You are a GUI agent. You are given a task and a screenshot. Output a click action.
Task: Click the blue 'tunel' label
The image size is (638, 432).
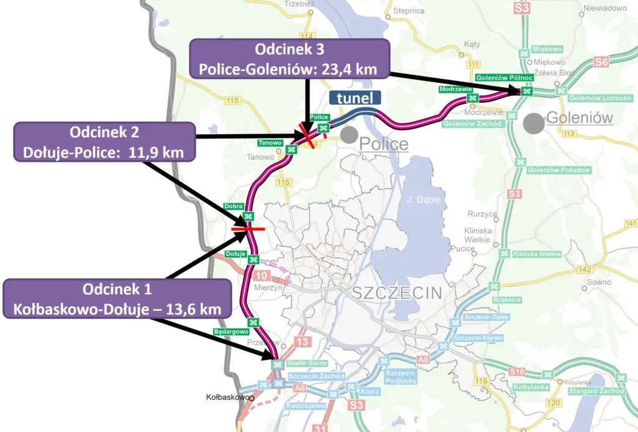pyautogui.click(x=355, y=98)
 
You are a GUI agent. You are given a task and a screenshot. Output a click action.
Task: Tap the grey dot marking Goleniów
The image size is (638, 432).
pyautogui.click(x=533, y=123)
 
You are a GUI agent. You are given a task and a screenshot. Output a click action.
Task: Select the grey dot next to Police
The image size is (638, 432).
pyautogui.click(x=349, y=134)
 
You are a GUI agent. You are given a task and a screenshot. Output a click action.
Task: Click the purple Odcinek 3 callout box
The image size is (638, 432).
pyautogui.click(x=288, y=59)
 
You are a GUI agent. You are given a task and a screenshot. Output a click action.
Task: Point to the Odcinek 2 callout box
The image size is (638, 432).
pyautogui.click(x=103, y=142)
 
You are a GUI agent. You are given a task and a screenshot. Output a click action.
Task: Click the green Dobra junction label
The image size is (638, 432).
pyautogui.click(x=234, y=206)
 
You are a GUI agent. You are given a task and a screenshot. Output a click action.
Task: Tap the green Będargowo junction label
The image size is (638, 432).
pyautogui.click(x=226, y=331)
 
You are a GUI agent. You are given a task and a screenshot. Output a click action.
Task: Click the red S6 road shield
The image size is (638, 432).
pyautogui.click(x=601, y=62)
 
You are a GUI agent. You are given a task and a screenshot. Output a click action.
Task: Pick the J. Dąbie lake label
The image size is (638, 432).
pyautogui.click(x=419, y=200)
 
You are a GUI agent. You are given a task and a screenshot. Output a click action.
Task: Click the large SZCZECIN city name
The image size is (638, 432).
pyautogui.click(x=397, y=292)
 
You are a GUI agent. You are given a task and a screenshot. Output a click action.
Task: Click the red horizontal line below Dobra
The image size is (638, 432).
pyautogui.click(x=247, y=229)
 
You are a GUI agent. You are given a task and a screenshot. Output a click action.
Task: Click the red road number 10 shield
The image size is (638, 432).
pyautogui.click(x=260, y=276)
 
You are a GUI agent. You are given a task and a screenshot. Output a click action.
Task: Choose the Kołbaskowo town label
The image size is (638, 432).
pyautogui.click(x=228, y=396)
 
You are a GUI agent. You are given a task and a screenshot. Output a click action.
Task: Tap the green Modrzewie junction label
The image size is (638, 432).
pyautogui.click(x=455, y=89)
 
